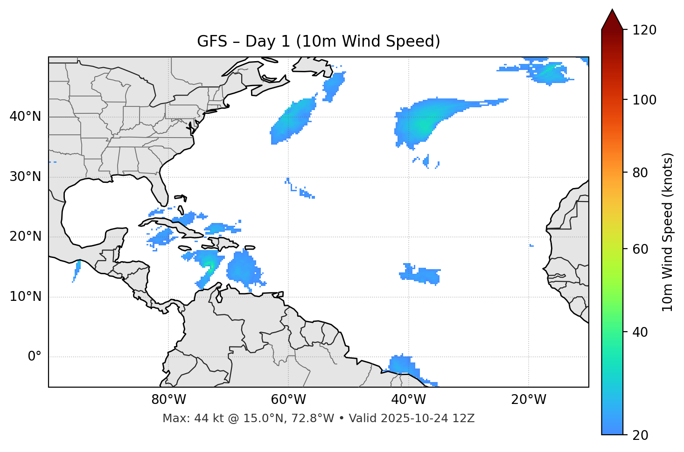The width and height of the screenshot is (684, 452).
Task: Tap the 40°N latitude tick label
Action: click(25, 117)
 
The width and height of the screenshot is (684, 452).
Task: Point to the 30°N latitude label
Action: click(25, 177)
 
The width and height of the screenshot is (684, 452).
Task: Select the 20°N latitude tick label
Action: click(25, 236)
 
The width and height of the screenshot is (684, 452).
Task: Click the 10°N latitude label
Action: click(25, 297)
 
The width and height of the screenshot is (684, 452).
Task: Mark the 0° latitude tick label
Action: click(35, 357)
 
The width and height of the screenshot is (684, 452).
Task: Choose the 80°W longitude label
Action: click(168, 400)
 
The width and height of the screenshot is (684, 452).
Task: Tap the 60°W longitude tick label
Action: click(288, 400)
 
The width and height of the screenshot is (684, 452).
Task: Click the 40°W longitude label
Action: click(409, 400)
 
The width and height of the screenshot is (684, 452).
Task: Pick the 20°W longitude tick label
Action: click(529, 400)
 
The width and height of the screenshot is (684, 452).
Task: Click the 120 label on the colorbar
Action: click(644, 30)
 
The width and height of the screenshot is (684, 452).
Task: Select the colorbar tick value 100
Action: click(644, 100)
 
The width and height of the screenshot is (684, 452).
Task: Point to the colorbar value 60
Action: click(640, 249)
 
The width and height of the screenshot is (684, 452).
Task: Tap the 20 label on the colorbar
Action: click(640, 435)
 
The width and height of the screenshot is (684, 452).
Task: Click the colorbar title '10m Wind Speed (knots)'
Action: click(668, 232)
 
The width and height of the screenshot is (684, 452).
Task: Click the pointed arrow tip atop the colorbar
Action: click(612, 12)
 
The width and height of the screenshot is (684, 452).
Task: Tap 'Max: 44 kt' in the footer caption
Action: click(185, 418)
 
